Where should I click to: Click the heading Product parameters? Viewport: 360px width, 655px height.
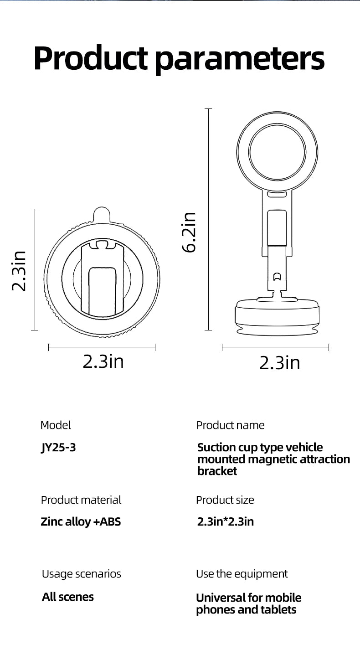tap(179, 58)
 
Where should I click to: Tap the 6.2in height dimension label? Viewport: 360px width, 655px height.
tap(188, 232)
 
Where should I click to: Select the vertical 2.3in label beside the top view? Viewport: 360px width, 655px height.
tap(19, 271)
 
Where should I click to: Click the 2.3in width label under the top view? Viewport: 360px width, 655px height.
tap(103, 361)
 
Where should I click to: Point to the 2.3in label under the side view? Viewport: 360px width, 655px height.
tap(279, 363)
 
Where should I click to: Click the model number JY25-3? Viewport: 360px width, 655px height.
tap(58, 448)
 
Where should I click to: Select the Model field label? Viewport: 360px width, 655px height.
tap(56, 425)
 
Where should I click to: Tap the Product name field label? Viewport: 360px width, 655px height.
tap(230, 425)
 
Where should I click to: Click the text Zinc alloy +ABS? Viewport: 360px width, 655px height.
tap(81, 521)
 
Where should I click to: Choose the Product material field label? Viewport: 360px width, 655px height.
tap(81, 500)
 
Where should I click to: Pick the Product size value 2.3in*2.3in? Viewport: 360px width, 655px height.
tap(225, 521)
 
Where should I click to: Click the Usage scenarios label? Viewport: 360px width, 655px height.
tap(81, 574)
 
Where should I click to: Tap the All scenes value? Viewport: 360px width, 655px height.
tap(68, 597)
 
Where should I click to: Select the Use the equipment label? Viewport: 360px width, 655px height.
tap(242, 574)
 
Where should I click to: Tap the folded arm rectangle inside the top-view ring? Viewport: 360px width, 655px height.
tap(102, 292)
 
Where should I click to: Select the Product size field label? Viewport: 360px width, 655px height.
tap(225, 500)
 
